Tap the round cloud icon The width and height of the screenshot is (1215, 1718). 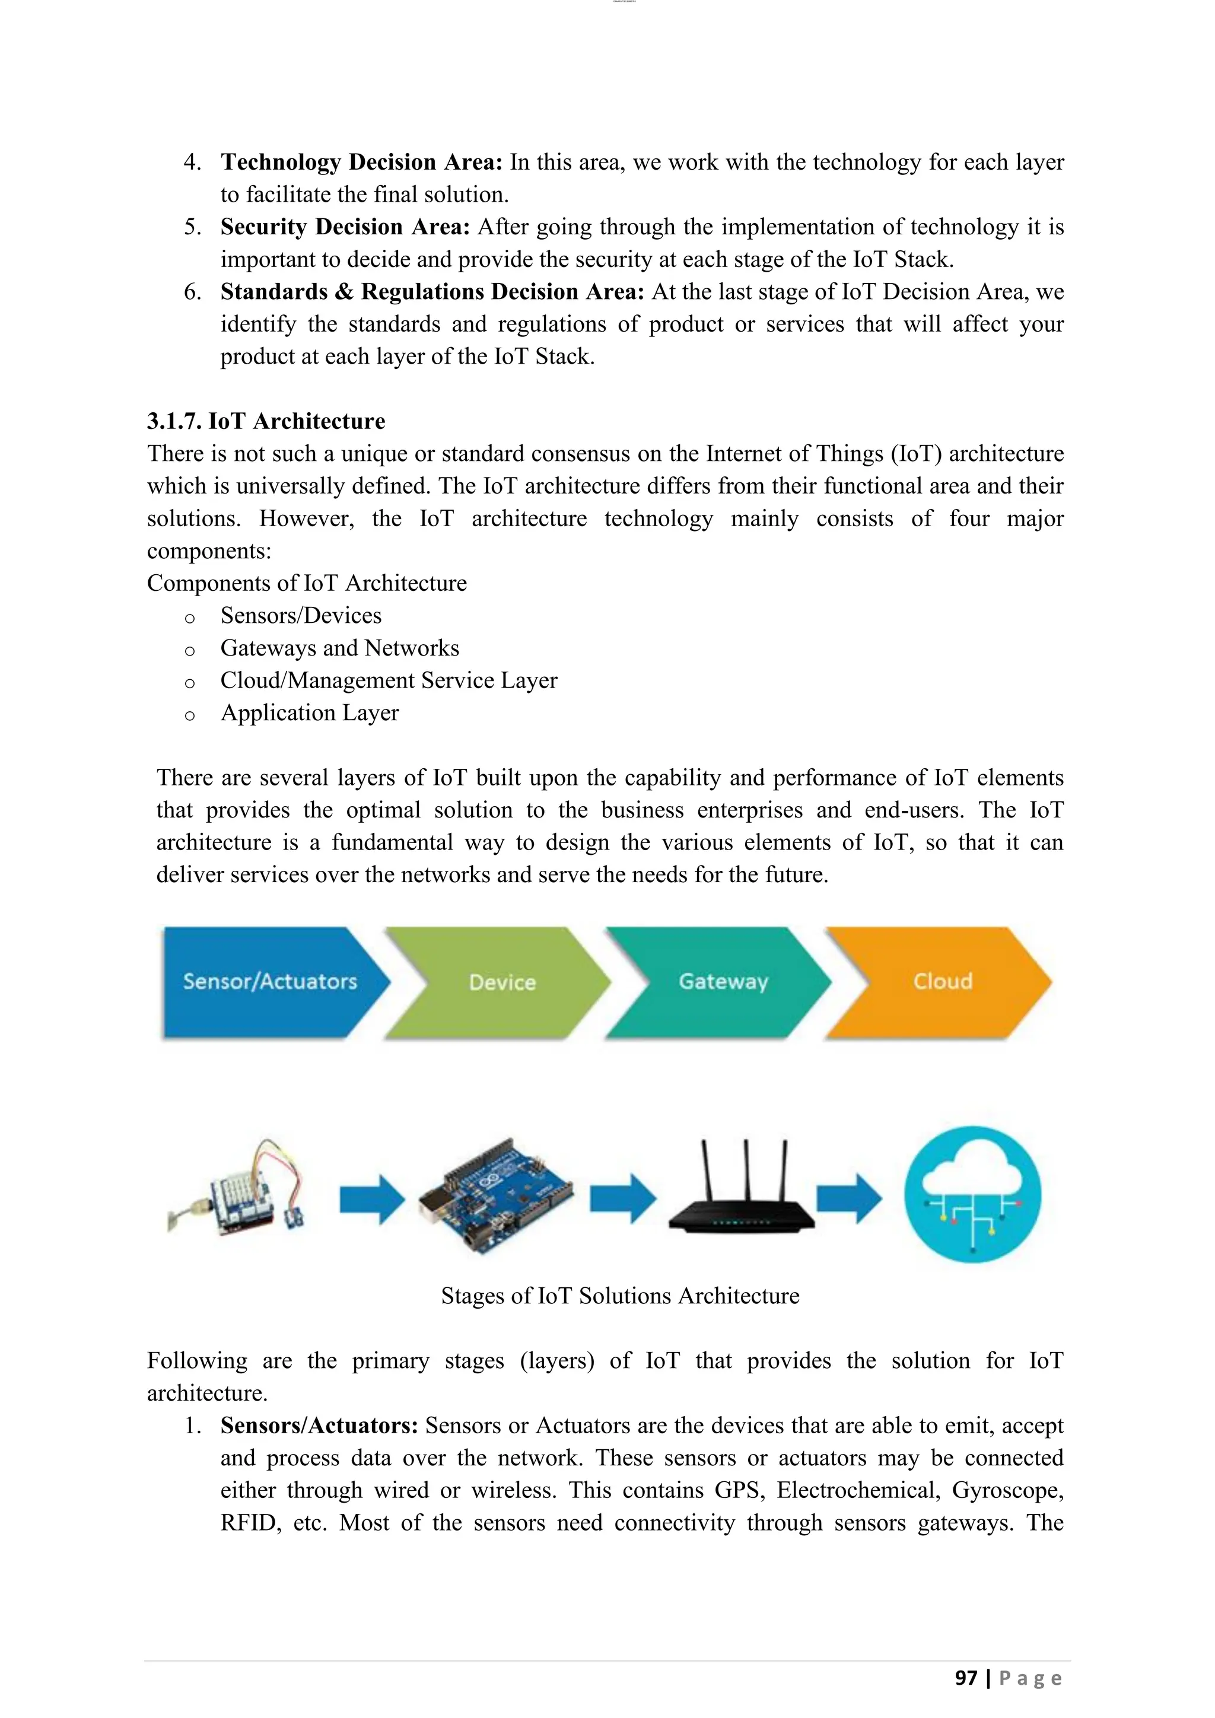[972, 1195]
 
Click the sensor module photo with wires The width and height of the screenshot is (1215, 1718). [240, 1190]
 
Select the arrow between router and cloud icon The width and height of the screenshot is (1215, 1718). [849, 1199]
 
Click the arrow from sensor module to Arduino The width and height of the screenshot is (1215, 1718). [372, 1200]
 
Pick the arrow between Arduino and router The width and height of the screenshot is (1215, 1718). [622, 1199]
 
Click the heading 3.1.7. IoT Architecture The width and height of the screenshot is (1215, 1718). [266, 421]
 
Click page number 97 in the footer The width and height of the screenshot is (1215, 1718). [966, 1678]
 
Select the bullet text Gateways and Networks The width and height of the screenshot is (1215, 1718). [340, 648]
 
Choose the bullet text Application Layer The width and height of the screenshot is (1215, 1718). [309, 712]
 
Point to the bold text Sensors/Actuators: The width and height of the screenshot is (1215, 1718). [319, 1426]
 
